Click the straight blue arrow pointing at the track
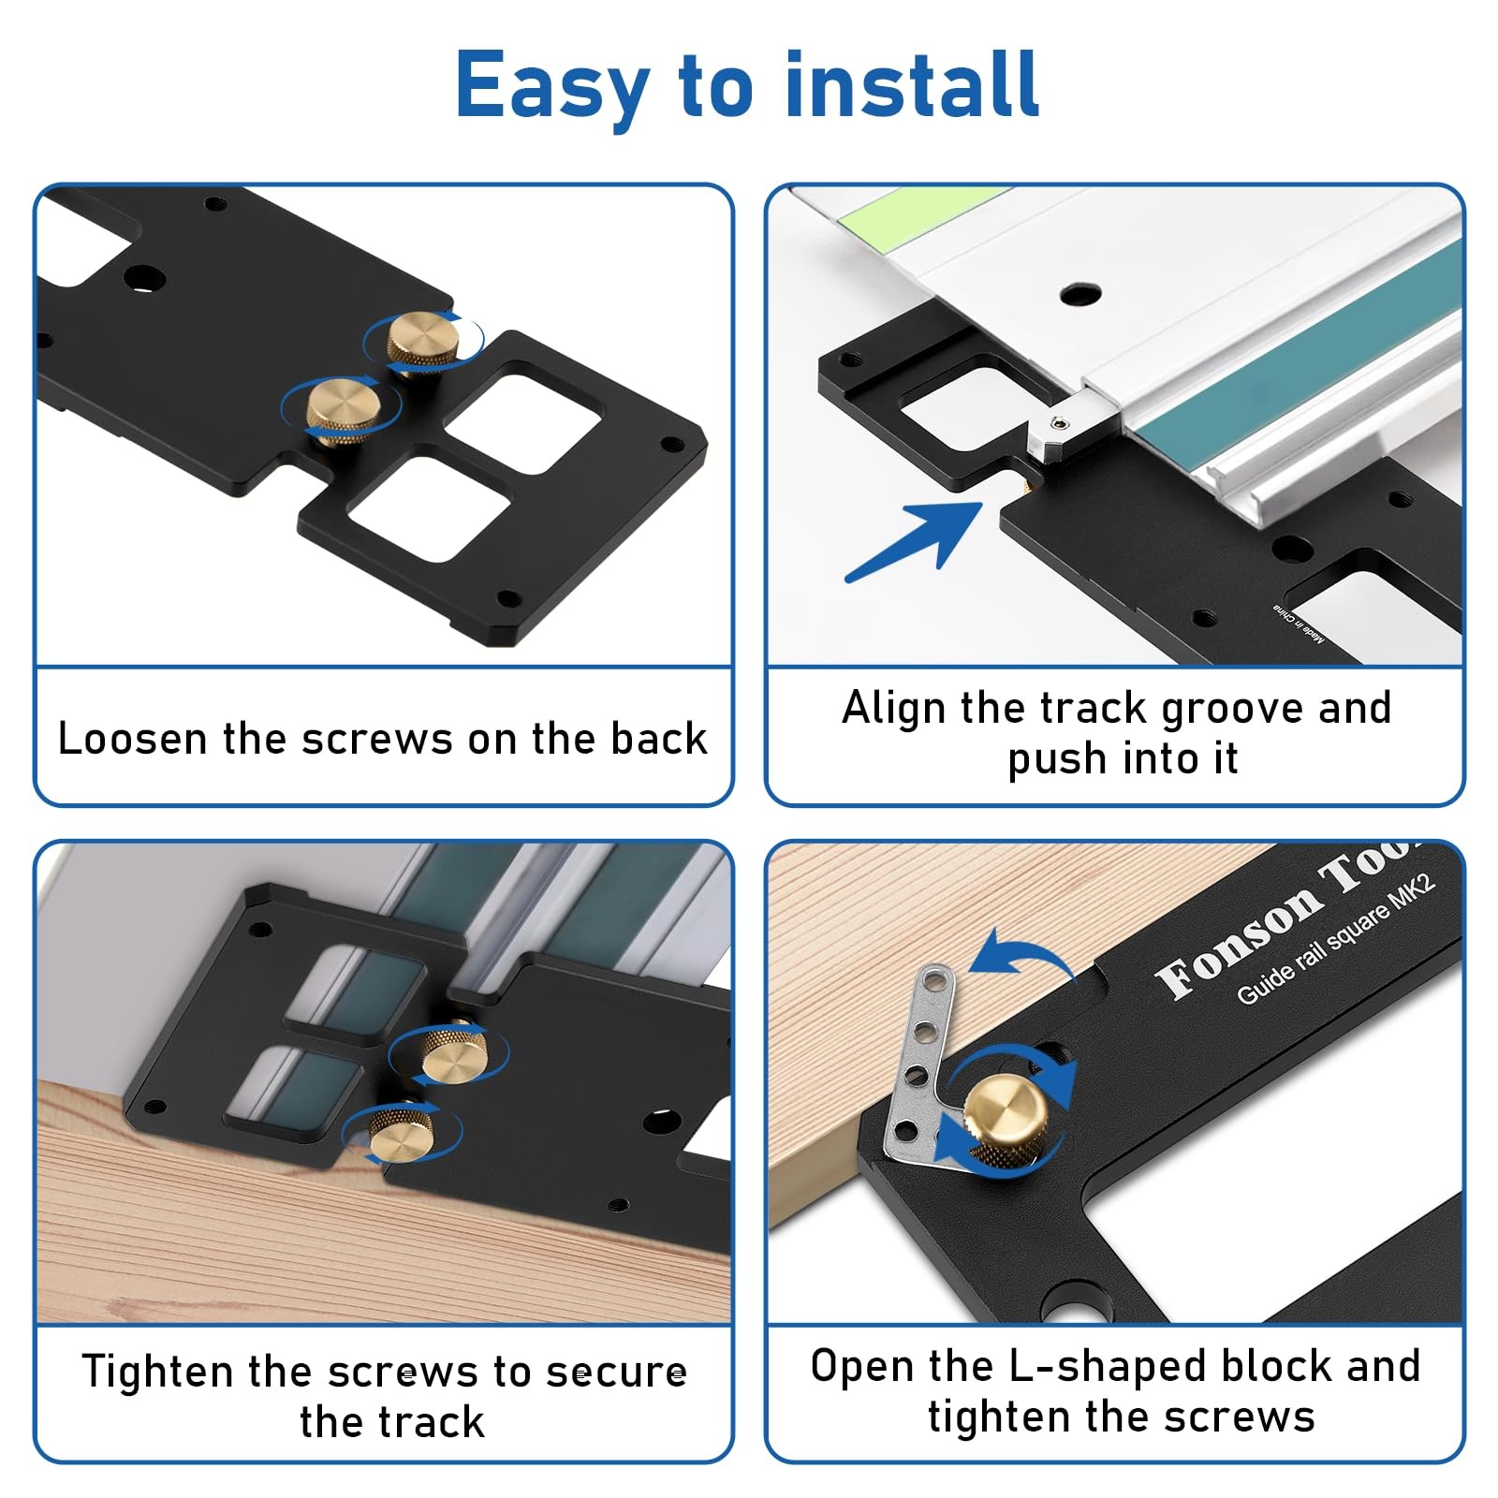coord(914,542)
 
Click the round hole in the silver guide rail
coord(1080,294)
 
